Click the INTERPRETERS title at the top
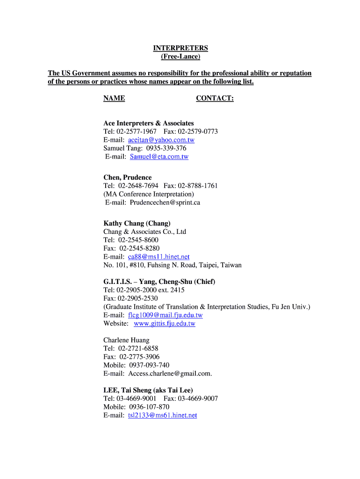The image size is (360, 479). (180, 48)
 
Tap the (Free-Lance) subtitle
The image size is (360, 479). (180, 57)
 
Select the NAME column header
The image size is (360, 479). (114, 98)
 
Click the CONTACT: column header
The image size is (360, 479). (215, 98)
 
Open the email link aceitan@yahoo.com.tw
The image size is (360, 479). (161, 140)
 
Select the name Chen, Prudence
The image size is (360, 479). (127, 178)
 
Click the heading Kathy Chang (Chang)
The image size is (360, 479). (137, 223)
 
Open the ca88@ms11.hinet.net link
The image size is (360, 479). (158, 257)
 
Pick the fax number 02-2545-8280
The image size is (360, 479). (139, 248)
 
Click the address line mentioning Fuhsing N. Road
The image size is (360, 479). (173, 265)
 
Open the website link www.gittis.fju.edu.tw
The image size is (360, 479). (165, 324)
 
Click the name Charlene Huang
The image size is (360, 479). (126, 340)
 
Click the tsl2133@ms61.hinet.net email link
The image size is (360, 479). (162, 415)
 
